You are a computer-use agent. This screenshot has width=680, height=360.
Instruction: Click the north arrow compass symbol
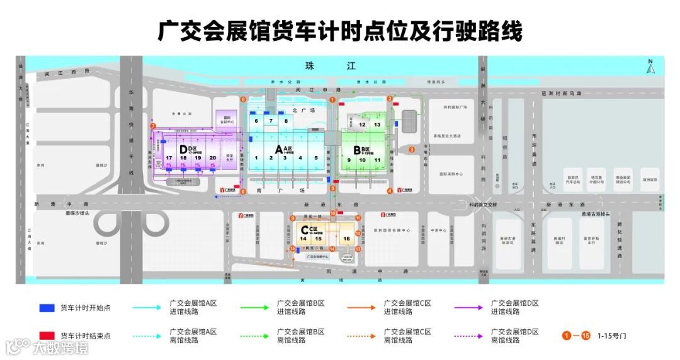tap(650, 67)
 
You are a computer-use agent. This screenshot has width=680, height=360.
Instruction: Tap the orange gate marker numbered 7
tap(153, 127)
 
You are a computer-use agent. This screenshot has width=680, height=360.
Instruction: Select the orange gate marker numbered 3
tap(411, 149)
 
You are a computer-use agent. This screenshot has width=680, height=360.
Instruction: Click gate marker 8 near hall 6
tap(244, 99)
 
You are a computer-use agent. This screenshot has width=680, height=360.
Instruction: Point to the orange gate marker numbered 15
tap(293, 249)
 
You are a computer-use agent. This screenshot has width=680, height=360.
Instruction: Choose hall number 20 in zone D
tap(213, 157)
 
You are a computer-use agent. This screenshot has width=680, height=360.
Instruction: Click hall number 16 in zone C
tap(346, 239)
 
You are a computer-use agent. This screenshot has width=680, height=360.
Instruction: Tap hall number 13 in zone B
tap(377, 125)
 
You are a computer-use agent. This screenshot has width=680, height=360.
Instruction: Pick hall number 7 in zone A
tap(271, 120)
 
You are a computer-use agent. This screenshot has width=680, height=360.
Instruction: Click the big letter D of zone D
tap(183, 149)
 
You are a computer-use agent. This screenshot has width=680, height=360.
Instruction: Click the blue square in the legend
tap(46, 308)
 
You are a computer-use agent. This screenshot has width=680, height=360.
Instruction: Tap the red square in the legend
tap(46, 336)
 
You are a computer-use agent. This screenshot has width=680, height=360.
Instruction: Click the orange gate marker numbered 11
tap(357, 218)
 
